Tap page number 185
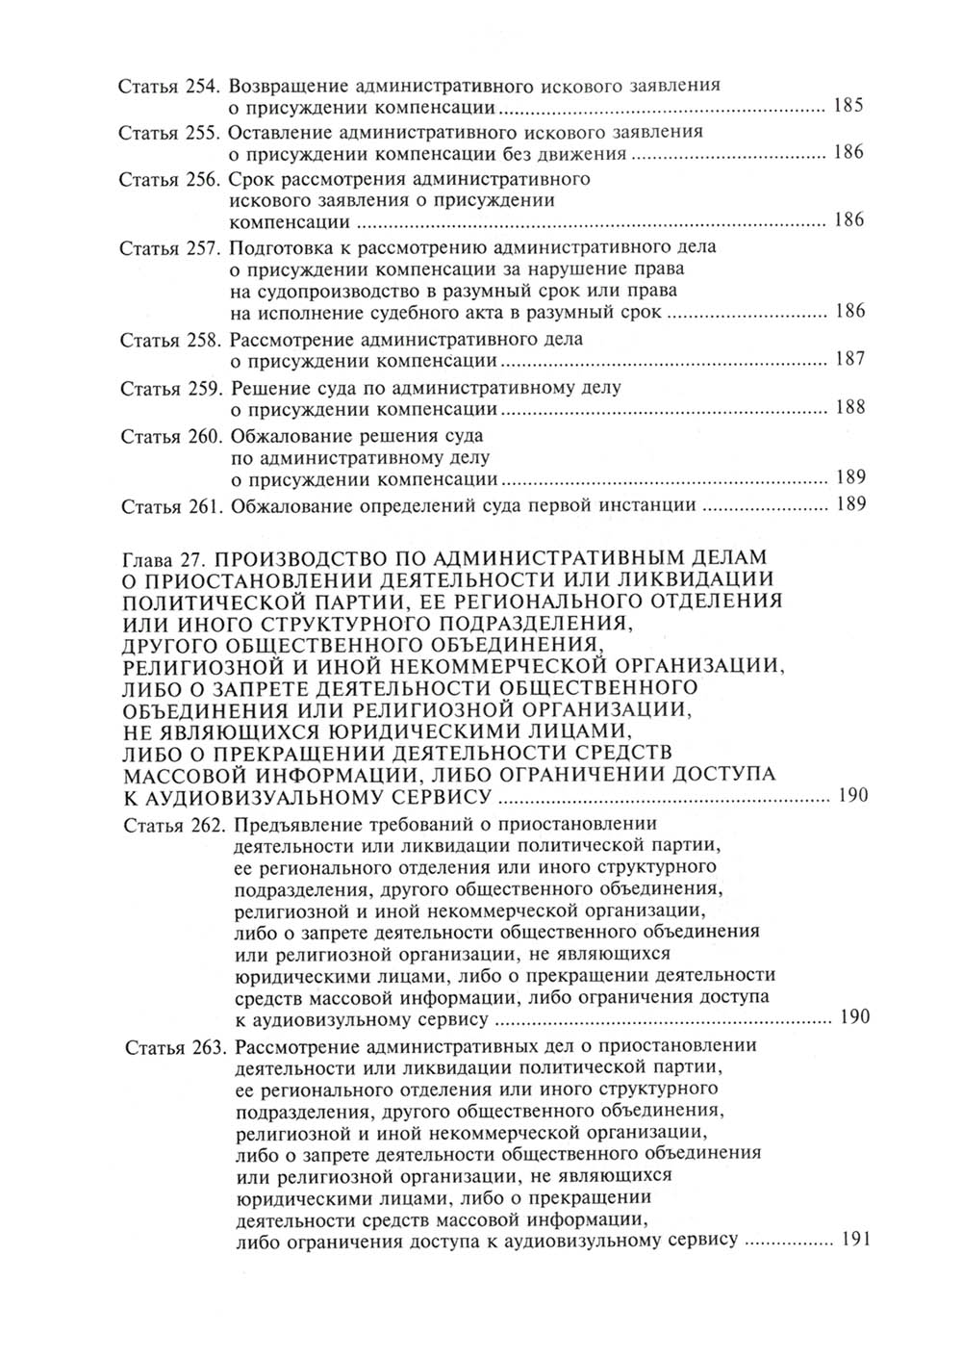pos(848,106)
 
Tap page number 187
pos(849,360)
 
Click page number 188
pos(849,408)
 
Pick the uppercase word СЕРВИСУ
pos(442,795)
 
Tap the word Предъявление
pos(293,825)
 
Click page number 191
pos(854,1240)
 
